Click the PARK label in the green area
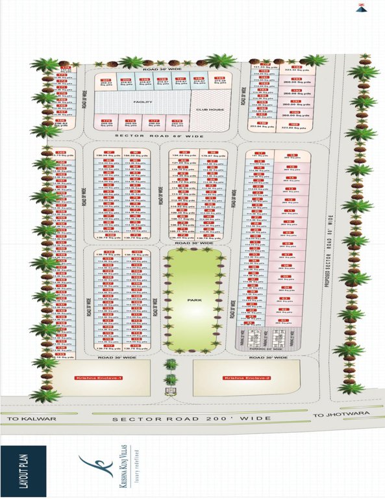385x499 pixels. pos(193,301)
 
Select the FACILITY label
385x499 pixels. pos(142,103)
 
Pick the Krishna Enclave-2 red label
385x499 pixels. pos(238,377)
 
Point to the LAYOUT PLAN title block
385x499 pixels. pos(23,470)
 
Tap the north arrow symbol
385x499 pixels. pos(360,8)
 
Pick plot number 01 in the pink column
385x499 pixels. pos(283,320)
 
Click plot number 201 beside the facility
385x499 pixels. pos(106,79)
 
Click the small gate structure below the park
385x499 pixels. pos(171,391)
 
